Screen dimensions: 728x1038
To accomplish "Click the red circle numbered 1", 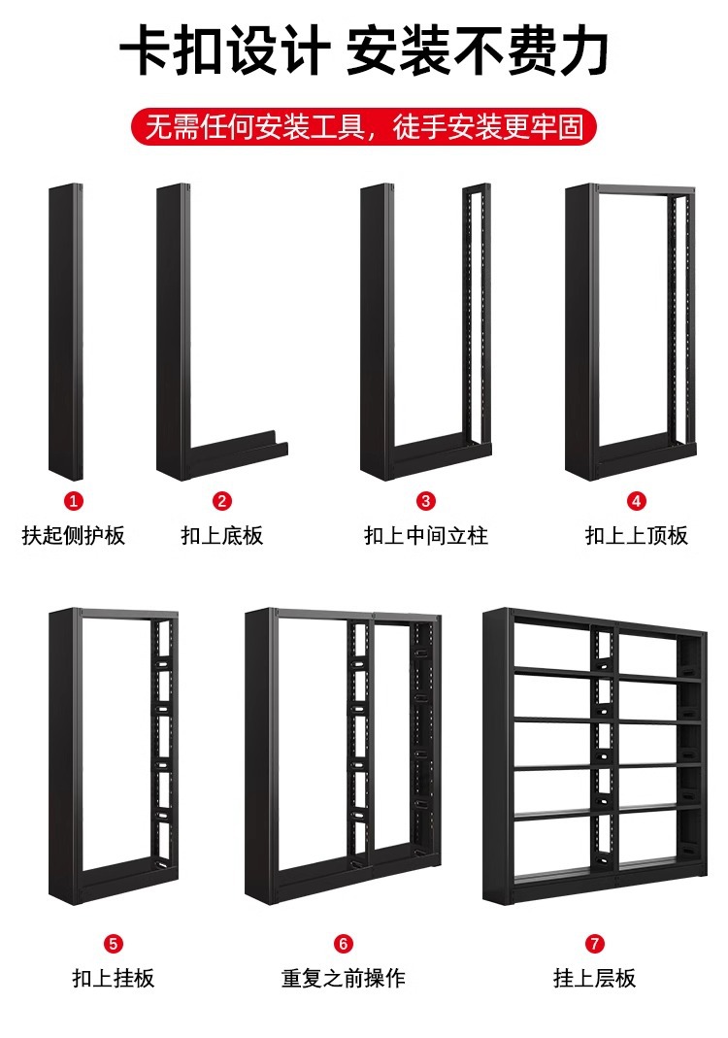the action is click(74, 501).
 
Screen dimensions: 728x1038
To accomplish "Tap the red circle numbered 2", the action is click(222, 501).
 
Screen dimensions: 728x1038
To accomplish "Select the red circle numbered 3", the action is click(426, 501).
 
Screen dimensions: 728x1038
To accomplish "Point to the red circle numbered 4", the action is click(637, 501).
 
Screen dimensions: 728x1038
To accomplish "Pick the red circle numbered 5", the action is click(113, 943).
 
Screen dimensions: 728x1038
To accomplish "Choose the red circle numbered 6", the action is click(344, 943).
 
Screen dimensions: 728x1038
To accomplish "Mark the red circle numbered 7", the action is click(595, 943).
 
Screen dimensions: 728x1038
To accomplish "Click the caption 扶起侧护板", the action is click(74, 535).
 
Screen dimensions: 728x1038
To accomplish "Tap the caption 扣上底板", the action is click(222, 535).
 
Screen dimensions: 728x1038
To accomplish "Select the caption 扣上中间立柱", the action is click(426, 535).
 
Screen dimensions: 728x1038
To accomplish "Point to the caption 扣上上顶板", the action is click(637, 535).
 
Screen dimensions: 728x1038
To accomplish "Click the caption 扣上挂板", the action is click(113, 978).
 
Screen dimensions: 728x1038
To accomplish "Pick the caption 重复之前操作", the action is click(344, 978).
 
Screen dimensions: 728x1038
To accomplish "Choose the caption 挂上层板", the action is click(595, 978).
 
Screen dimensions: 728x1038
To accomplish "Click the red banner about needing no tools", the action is click(364, 127).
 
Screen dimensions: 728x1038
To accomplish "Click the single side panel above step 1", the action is click(66, 330).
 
